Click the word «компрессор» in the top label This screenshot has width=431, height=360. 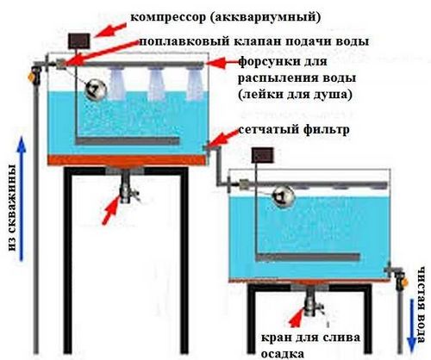point(168,17)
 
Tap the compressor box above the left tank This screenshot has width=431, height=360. point(79,40)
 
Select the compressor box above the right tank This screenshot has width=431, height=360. point(263,155)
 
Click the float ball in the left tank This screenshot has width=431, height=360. point(95,90)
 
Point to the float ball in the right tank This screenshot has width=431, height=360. point(283,196)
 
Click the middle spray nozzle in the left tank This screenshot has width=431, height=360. point(157,84)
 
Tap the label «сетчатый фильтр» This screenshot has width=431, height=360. point(294,130)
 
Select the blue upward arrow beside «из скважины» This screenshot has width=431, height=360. point(21,199)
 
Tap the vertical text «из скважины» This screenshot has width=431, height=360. point(11,208)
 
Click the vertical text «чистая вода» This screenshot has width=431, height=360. point(422,305)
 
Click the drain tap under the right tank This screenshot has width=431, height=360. point(312,303)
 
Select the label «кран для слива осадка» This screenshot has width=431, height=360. point(310,345)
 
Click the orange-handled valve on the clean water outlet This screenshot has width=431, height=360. point(402,281)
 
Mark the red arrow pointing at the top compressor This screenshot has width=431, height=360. point(110,30)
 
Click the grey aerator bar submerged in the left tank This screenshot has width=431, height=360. point(128,141)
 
